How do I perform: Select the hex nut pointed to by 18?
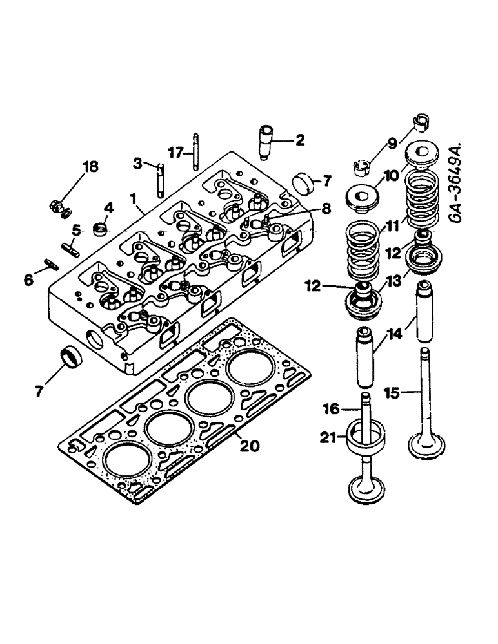tap(56, 207)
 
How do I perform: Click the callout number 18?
tap(90, 167)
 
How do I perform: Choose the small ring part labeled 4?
tap(101, 228)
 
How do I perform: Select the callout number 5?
tap(75, 229)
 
